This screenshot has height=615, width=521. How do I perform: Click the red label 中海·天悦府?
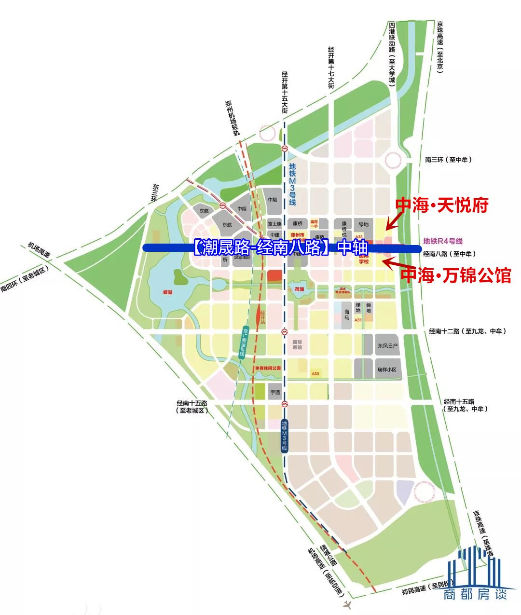click(x=441, y=205)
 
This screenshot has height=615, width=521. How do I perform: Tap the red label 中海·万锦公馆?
click(x=456, y=275)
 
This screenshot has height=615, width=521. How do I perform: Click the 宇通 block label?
click(x=275, y=392)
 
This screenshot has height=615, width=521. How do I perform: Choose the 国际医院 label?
click(x=297, y=344)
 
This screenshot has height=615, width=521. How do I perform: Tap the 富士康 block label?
click(x=274, y=224)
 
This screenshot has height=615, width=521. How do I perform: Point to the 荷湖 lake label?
click(x=299, y=289)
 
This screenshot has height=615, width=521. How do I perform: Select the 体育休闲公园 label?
click(x=268, y=368)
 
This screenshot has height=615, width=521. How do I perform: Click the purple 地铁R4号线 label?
click(x=442, y=241)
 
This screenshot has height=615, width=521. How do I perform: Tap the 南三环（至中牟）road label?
click(x=449, y=160)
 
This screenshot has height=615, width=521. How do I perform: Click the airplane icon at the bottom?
click(x=346, y=604)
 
